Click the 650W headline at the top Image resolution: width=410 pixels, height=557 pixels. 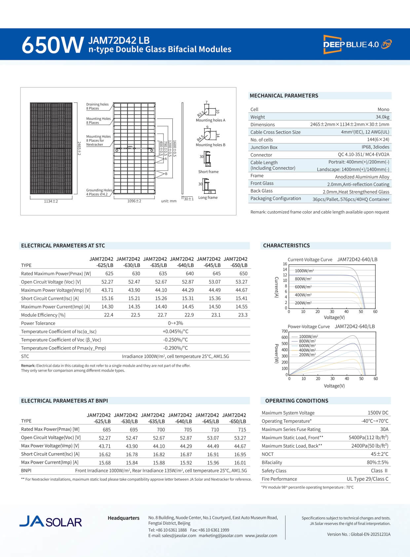pyautogui.click(x=52, y=45)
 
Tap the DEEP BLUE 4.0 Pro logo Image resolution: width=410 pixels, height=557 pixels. pyautogui.click(x=357, y=44)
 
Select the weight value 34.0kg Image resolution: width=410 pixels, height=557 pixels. pyautogui.click(x=382, y=117)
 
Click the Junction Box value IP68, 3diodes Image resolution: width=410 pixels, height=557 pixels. pyautogui.click(x=375, y=147)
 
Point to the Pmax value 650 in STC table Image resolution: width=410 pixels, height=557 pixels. pyautogui.click(x=243, y=274)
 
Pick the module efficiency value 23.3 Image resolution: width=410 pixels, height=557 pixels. pyautogui.click(x=242, y=315)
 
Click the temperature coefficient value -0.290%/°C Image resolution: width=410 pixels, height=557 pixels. pyautogui.click(x=175, y=348)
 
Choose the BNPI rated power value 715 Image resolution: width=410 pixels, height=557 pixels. pyautogui.click(x=242, y=429)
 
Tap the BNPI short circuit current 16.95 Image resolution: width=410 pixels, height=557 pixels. pyautogui.click(x=240, y=454)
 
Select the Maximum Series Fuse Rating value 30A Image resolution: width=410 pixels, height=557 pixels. pyautogui.click(x=384, y=429)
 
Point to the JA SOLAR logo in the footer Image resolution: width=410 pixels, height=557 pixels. pyautogui.click(x=51, y=522)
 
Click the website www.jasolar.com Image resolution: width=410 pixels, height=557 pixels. pyautogui.click(x=261, y=536)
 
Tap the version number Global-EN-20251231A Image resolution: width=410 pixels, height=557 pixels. pyautogui.click(x=370, y=534)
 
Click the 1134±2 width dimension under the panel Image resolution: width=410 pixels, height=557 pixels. pyautogui.click(x=51, y=201)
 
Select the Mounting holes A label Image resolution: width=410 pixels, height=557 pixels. pyautogui.click(x=210, y=120)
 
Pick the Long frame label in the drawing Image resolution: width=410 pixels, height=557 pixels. pyautogui.click(x=208, y=197)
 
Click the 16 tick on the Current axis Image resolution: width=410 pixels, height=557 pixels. pyautogui.click(x=285, y=264)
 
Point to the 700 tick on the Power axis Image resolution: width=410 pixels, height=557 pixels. pyautogui.click(x=284, y=331)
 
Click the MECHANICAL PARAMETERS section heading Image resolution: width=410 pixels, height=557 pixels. pyautogui.click(x=284, y=96)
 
